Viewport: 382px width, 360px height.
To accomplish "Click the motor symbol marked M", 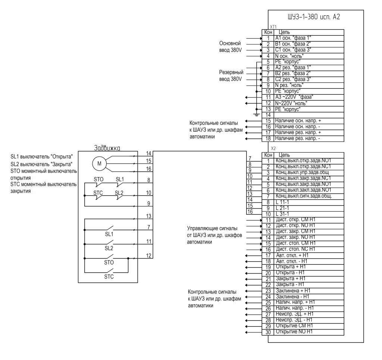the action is [99, 163].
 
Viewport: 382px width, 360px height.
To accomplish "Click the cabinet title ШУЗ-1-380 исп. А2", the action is [314, 17].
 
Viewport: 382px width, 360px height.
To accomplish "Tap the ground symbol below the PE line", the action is [256, 114].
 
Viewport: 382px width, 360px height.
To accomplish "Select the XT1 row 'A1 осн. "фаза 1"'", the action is [303, 38].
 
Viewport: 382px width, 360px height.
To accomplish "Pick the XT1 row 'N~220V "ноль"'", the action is [303, 103].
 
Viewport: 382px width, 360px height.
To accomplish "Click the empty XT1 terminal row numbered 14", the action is [303, 115].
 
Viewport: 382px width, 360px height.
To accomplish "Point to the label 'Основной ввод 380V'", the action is [230, 47].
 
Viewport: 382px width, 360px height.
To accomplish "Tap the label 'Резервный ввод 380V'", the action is [231, 76].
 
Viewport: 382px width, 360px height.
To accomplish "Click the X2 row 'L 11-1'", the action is [303, 202].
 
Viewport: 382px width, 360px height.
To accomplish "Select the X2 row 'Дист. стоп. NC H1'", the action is [303, 250].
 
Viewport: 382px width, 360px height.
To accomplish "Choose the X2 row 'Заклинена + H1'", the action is [303, 291].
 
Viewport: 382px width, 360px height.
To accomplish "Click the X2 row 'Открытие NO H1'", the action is [303, 332].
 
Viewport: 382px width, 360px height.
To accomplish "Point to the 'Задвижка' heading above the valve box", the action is [107, 148].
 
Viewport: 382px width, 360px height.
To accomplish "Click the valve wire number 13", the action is [148, 216].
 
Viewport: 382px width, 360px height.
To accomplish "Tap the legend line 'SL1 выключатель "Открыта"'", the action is [41, 157].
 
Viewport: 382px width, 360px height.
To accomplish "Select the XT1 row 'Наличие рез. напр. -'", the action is [303, 139].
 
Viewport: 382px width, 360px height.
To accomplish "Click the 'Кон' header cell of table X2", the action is [268, 155].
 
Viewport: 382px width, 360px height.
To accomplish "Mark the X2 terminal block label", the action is [273, 148].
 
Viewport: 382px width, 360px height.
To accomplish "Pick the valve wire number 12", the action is [148, 256].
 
